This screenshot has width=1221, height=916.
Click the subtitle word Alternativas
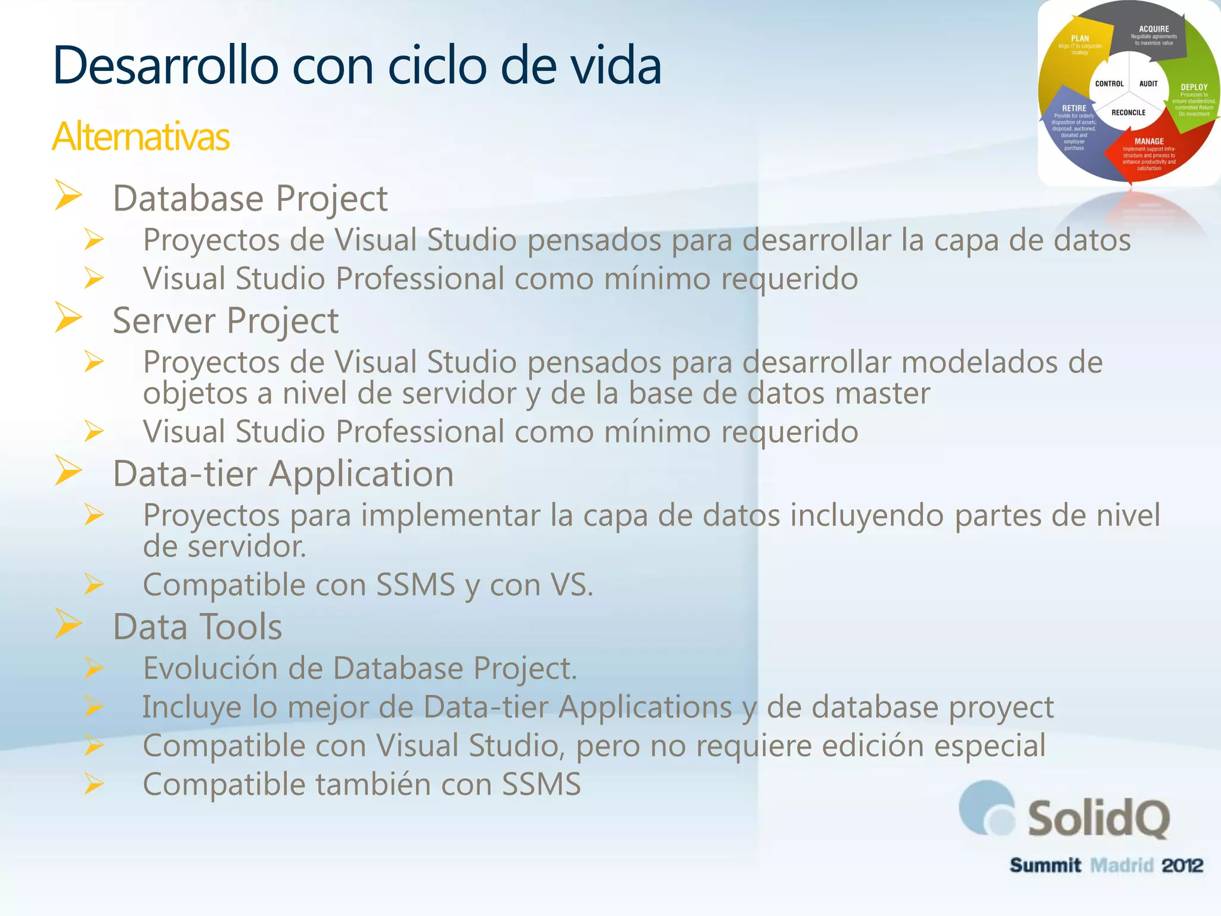141,137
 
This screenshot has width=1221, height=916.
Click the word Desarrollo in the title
166,65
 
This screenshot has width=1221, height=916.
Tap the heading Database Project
250,198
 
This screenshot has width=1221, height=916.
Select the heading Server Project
225,320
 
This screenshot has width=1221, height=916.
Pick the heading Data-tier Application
283,474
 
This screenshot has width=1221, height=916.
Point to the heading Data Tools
197,627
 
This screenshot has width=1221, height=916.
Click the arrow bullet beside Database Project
69,194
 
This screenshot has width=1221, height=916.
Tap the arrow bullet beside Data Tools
69,623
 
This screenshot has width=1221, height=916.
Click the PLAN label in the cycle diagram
1080,39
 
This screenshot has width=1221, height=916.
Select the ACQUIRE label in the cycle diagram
1154,29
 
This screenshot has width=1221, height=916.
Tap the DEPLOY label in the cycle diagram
1194,87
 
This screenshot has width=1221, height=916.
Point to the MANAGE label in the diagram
1149,141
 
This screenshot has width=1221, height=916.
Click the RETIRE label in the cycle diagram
1074,109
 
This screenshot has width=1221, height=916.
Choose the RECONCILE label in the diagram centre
1128,113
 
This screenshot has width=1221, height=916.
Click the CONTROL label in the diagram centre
1109,84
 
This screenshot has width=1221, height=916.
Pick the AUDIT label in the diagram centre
1148,84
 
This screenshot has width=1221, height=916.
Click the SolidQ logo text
1098,819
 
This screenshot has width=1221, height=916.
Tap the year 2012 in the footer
1182,865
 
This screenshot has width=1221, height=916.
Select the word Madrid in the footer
1121,865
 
